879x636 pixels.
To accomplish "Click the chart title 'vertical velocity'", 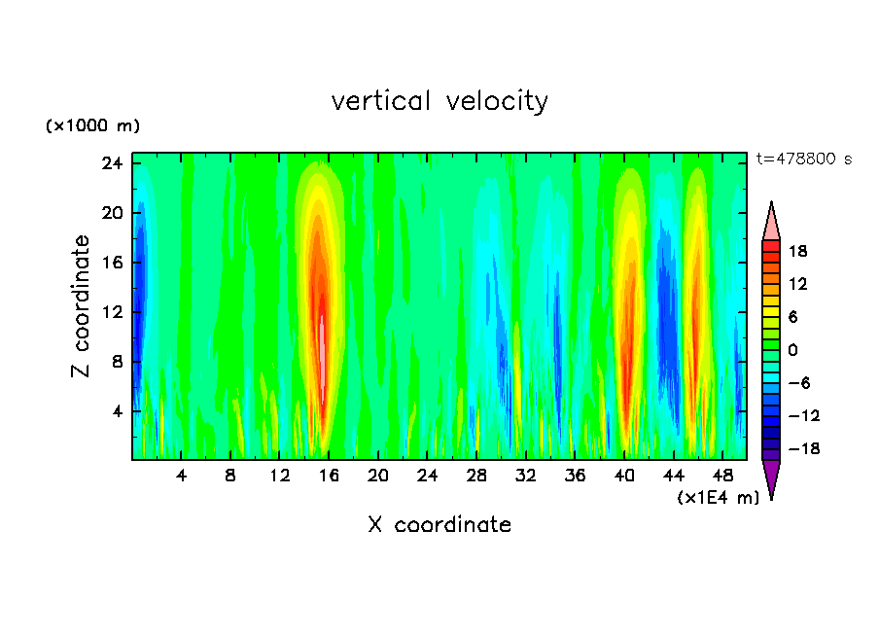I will pyautogui.click(x=439, y=101).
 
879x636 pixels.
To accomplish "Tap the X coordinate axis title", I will pyautogui.click(x=439, y=525).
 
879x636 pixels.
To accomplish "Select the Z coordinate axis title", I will pyautogui.click(x=82, y=306).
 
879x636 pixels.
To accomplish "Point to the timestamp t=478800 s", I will pyautogui.click(x=803, y=159).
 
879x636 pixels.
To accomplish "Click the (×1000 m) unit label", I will pyautogui.click(x=93, y=126).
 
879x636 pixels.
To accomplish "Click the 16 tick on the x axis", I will pyautogui.click(x=329, y=477).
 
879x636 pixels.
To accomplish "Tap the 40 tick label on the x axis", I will pyautogui.click(x=624, y=477).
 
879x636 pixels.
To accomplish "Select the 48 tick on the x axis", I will pyautogui.click(x=722, y=477).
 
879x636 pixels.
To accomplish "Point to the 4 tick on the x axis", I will pyautogui.click(x=182, y=477).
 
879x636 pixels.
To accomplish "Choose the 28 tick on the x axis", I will pyautogui.click(x=476, y=477).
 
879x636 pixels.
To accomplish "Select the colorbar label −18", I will pyautogui.click(x=796, y=449).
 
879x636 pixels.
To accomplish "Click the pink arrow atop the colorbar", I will pyautogui.click(x=771, y=222).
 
